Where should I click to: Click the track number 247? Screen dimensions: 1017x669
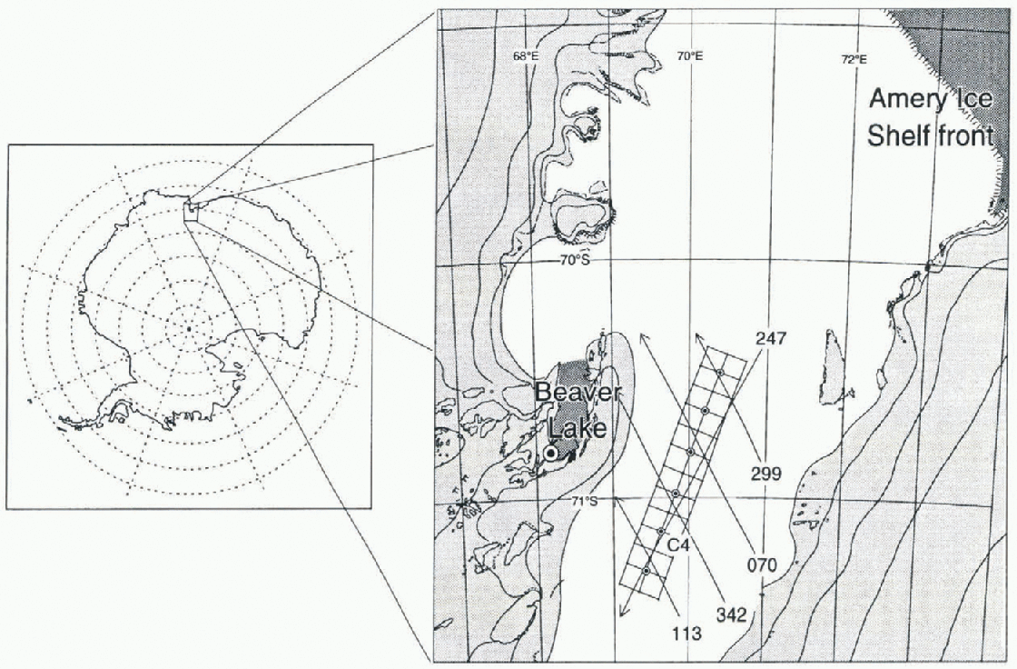point(771,338)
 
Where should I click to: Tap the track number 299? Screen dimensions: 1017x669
point(766,474)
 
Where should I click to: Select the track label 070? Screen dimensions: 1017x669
point(762,565)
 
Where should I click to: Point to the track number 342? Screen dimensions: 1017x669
point(731,614)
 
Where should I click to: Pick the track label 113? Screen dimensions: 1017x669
point(686,632)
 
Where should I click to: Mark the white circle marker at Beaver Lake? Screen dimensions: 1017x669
point(550,454)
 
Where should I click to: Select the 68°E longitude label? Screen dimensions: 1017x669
point(526,55)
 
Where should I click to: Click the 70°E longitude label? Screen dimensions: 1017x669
point(690,55)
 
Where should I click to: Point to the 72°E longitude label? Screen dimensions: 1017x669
point(854,59)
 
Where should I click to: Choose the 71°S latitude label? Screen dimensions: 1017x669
point(585,501)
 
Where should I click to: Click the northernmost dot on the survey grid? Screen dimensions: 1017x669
point(721,372)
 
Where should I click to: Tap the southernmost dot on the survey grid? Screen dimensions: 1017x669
point(646,570)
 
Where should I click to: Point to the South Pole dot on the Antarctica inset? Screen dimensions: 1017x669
point(188,329)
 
